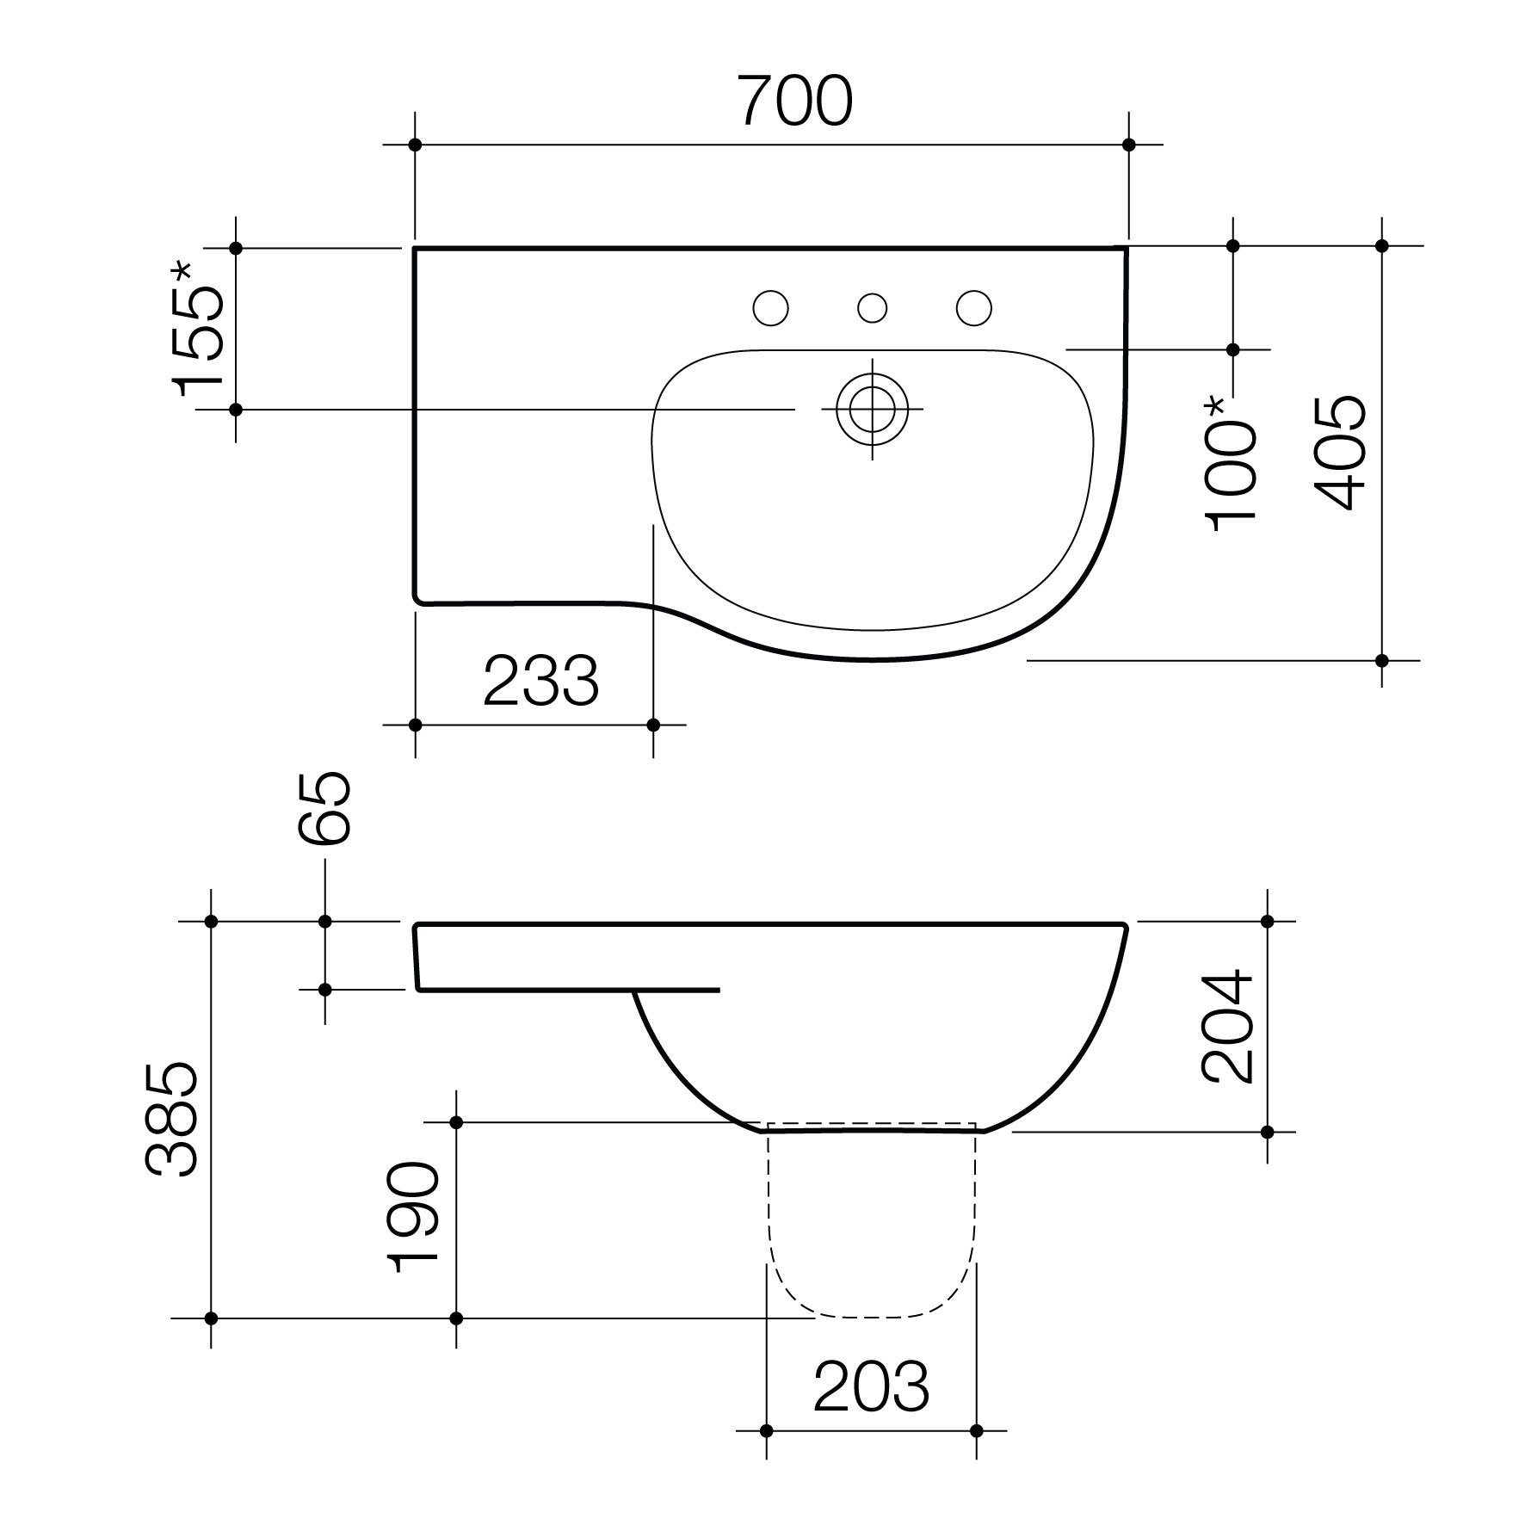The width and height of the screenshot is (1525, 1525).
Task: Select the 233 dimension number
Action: click(540, 681)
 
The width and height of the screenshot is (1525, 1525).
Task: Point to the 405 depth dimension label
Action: click(1340, 453)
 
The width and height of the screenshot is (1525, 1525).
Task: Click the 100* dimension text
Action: click(1232, 464)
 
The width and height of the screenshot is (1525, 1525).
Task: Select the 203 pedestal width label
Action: click(871, 1386)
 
